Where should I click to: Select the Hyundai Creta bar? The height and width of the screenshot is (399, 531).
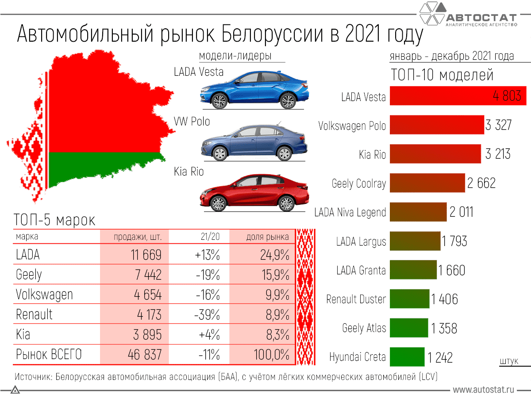(407, 357)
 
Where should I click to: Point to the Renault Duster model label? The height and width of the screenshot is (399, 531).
(356, 299)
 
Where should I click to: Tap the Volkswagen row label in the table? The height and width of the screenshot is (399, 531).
(44, 294)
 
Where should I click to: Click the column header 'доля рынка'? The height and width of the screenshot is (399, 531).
(267, 237)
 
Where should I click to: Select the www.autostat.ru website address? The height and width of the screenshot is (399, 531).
(483, 390)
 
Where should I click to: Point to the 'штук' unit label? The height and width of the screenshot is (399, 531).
(509, 361)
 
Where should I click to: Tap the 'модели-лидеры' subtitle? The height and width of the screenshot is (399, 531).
(235, 56)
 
